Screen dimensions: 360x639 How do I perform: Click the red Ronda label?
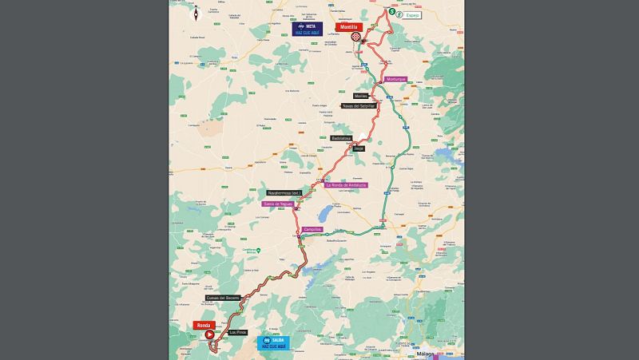tap(203, 326)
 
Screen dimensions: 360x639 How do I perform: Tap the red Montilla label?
tap(348, 26)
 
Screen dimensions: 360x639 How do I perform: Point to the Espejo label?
tap(411, 14)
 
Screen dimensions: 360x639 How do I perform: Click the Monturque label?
tap(396, 79)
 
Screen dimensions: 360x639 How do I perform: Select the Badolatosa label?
tap(342, 138)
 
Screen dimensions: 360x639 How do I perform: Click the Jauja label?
tap(358, 148)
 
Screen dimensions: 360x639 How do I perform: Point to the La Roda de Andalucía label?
tap(346, 185)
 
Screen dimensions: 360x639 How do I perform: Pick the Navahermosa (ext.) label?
tap(284, 193)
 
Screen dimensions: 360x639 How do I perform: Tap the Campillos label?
tap(312, 229)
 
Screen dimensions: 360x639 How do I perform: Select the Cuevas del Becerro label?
tap(222, 298)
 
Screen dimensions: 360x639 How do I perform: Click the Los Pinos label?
tap(237, 332)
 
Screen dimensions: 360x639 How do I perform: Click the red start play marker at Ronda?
tap(211, 336)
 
